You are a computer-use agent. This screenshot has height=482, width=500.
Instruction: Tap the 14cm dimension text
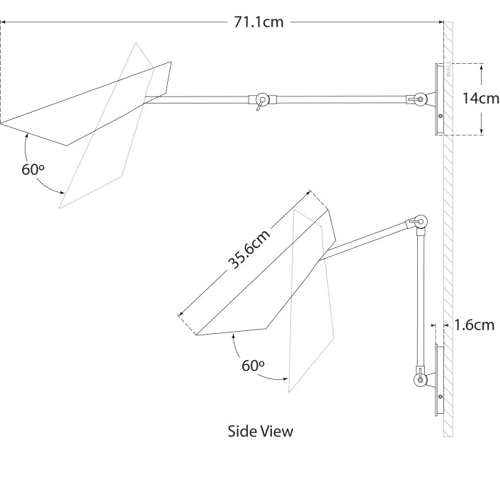[480, 99]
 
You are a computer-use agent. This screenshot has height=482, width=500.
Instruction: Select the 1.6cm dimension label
[474, 325]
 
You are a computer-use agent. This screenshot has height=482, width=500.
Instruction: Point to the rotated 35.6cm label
[249, 252]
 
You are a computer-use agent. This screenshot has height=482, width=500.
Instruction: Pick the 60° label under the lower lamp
[253, 366]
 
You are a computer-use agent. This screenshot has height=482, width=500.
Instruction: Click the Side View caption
[260, 430]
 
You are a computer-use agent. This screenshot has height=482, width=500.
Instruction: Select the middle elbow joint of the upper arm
[262, 99]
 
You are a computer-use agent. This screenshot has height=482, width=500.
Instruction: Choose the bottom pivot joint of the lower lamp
[421, 381]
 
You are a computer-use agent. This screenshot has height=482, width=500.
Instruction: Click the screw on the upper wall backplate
[441, 116]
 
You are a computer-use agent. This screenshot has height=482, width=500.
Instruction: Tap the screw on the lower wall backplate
[440, 397]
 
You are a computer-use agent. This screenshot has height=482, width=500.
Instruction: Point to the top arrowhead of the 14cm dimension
[482, 66]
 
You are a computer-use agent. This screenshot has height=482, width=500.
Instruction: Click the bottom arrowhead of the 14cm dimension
[482, 131]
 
